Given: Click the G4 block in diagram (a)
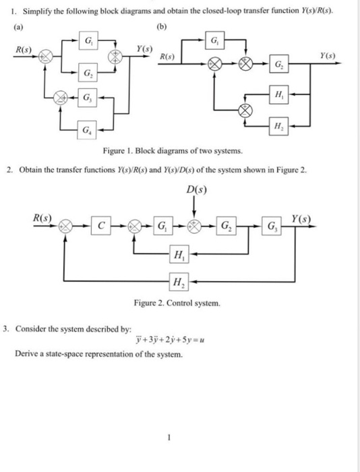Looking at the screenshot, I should (x=88, y=129).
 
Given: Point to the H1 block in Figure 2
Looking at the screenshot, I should (x=179, y=255).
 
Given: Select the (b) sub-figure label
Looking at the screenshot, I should (x=162, y=29).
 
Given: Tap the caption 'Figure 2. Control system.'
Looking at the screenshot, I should (x=177, y=304).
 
